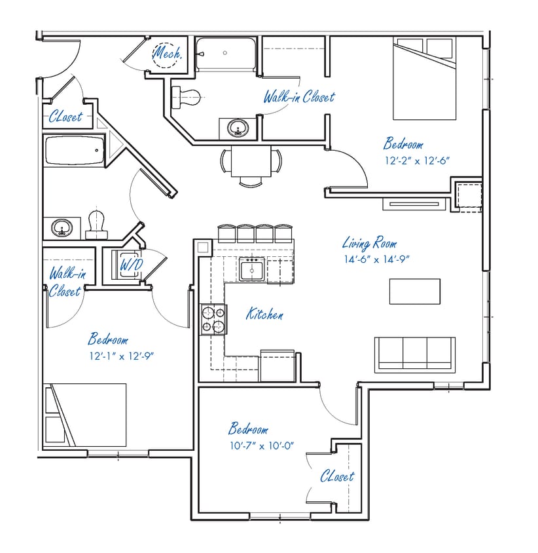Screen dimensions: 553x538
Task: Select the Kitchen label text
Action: [x=264, y=315]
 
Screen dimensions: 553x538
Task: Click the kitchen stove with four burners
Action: [x=213, y=319]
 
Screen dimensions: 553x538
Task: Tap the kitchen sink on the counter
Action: [x=251, y=269]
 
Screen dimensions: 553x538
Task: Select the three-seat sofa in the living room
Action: [x=414, y=353]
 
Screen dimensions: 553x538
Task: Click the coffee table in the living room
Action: [x=414, y=291]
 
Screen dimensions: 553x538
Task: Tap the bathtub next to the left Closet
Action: [x=74, y=151]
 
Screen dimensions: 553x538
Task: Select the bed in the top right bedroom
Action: [x=424, y=79]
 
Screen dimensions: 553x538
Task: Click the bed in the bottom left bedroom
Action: [x=84, y=415]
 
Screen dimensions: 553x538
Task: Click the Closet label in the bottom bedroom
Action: [x=337, y=476]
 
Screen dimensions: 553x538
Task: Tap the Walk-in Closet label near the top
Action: [x=298, y=98]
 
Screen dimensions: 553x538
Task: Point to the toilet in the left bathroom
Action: [x=97, y=223]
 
